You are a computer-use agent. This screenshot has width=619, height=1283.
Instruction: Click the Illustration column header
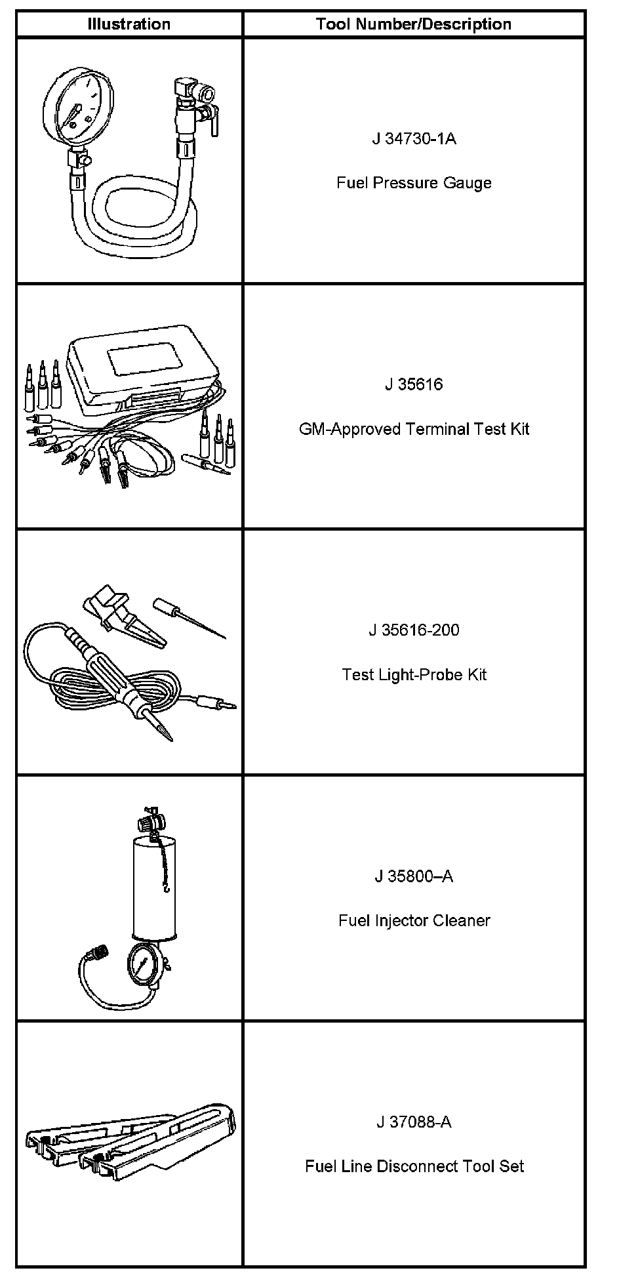[x=129, y=24]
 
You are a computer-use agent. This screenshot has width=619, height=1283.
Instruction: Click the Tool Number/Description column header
[x=413, y=24]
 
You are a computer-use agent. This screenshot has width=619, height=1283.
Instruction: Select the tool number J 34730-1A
[x=414, y=138]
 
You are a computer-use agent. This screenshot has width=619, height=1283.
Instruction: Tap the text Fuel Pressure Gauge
[x=414, y=182]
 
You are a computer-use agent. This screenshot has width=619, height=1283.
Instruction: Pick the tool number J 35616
[x=414, y=384]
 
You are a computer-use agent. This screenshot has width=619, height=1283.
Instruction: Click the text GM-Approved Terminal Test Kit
[x=414, y=429]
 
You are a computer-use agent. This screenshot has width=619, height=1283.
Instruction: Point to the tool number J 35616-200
[x=414, y=630]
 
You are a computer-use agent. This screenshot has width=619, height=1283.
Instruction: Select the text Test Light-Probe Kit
[x=414, y=674]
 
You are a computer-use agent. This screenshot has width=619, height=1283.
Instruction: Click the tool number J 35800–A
[x=414, y=876]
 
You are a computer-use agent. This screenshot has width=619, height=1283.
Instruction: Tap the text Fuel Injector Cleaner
[x=414, y=920]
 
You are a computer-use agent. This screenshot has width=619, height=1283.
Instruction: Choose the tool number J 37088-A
[x=414, y=1122]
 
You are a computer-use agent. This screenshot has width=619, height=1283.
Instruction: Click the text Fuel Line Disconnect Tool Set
[x=414, y=1166]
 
